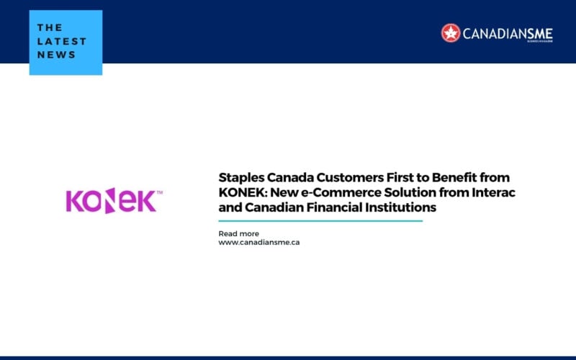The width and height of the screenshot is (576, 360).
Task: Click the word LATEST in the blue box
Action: (x=61, y=41)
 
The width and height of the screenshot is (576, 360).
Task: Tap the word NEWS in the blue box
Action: (x=57, y=55)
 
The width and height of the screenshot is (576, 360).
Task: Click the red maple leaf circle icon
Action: (x=451, y=32)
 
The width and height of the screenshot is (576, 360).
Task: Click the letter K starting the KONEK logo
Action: (x=74, y=202)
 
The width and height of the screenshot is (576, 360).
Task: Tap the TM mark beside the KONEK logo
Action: (x=160, y=193)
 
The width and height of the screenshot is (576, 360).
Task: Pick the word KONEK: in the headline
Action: (x=240, y=192)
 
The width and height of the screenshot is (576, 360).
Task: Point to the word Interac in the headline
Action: (x=495, y=192)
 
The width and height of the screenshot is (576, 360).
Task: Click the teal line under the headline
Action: (x=320, y=221)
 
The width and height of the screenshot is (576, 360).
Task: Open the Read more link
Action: (x=238, y=233)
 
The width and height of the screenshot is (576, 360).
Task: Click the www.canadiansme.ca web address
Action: (x=259, y=243)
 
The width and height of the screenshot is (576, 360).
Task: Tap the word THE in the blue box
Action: (x=50, y=27)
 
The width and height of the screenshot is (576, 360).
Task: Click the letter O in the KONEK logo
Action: (x=94, y=202)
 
